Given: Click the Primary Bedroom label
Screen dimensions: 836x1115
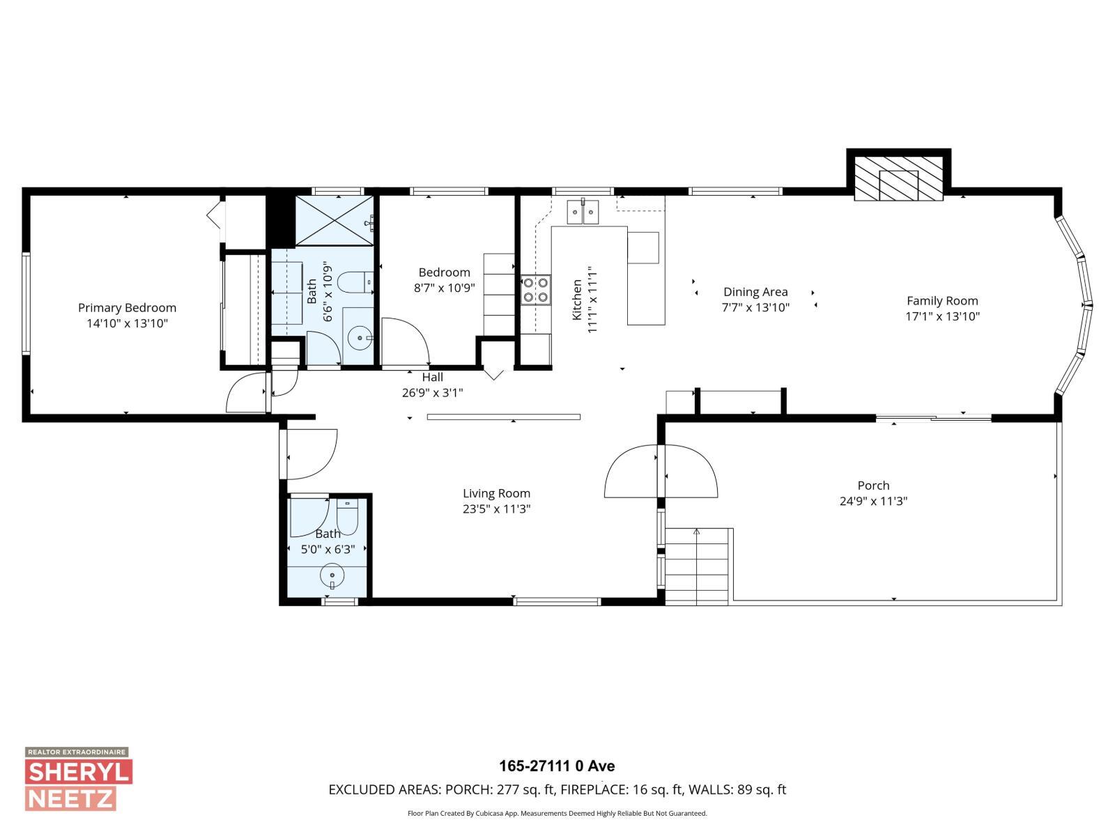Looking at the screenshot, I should (127, 307).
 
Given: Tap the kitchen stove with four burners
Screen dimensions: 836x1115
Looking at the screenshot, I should (535, 290).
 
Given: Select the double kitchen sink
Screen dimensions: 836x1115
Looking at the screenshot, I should (583, 211).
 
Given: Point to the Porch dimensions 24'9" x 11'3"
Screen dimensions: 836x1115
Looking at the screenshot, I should (873, 501).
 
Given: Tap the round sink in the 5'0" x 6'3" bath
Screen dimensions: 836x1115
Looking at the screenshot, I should (332, 577).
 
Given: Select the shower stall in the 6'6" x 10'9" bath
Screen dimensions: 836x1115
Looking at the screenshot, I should (334, 220).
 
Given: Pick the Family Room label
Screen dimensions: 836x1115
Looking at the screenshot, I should (942, 301).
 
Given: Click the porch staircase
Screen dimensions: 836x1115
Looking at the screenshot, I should (697, 566).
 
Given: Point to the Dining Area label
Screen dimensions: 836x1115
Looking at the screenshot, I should (755, 292).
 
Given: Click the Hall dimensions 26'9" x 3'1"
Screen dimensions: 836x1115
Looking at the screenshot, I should (432, 392).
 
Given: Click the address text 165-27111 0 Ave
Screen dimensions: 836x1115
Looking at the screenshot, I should (557, 766).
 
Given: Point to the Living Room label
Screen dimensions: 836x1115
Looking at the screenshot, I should (496, 493).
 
